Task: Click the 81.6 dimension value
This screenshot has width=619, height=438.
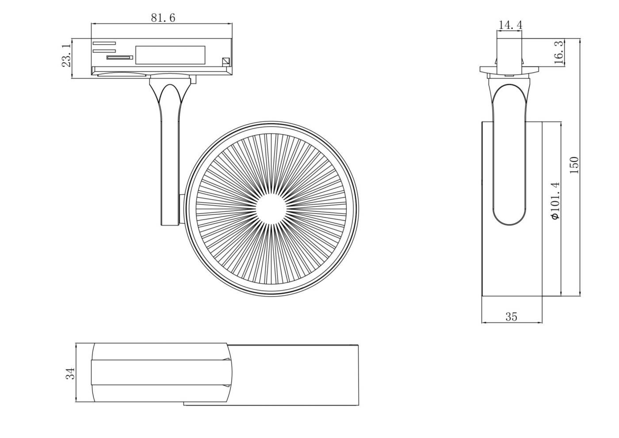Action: (x=163, y=18)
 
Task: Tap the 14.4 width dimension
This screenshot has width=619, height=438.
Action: (x=510, y=25)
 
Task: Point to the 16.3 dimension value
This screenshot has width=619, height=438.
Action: (x=559, y=52)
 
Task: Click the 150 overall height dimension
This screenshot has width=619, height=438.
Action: (x=574, y=165)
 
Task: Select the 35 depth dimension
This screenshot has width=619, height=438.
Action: (x=511, y=317)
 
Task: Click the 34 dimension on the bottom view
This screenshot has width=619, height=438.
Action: (x=70, y=373)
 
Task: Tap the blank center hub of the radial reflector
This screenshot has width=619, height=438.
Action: (x=271, y=209)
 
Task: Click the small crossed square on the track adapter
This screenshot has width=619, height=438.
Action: (x=226, y=62)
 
